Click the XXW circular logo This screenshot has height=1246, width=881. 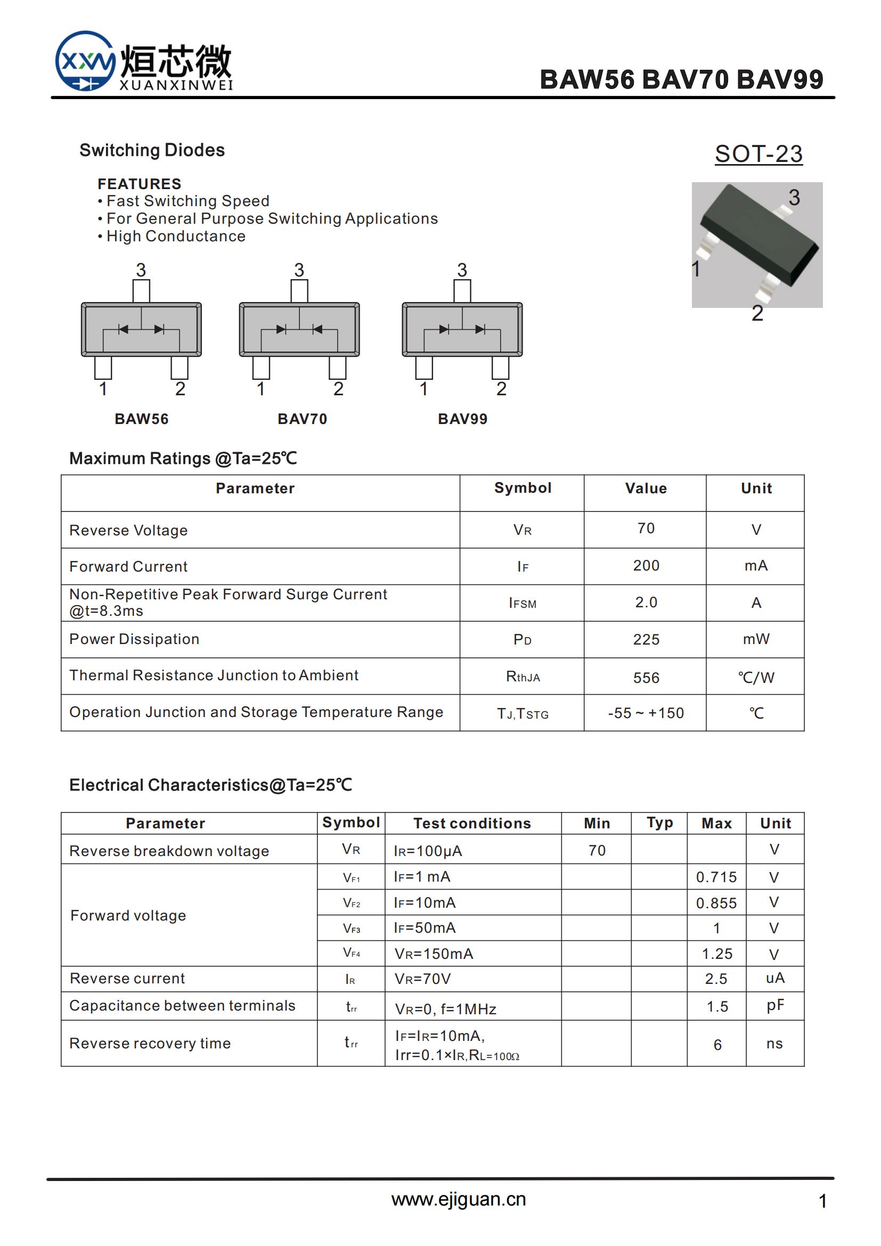85,61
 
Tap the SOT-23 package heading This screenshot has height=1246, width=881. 758,154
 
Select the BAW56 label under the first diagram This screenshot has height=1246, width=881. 142,419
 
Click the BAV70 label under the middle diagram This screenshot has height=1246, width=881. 302,419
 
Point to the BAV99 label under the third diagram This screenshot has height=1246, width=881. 463,419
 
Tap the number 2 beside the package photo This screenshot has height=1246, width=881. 757,314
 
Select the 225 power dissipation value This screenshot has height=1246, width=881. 646,639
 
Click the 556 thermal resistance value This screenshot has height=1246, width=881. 646,678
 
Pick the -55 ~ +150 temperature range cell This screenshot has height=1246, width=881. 646,713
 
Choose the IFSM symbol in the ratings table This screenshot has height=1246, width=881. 523,603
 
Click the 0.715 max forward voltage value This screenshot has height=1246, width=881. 716,877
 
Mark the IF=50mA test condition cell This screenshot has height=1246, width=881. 425,928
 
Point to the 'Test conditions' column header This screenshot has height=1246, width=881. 472,823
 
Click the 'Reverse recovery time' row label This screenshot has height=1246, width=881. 150,1043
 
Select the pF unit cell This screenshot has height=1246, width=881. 774,1005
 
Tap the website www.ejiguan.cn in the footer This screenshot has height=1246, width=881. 459,1199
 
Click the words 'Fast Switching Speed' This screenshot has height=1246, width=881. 187,201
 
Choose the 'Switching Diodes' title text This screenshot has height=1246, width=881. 152,150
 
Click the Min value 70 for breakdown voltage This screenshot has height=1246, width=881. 597,850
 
